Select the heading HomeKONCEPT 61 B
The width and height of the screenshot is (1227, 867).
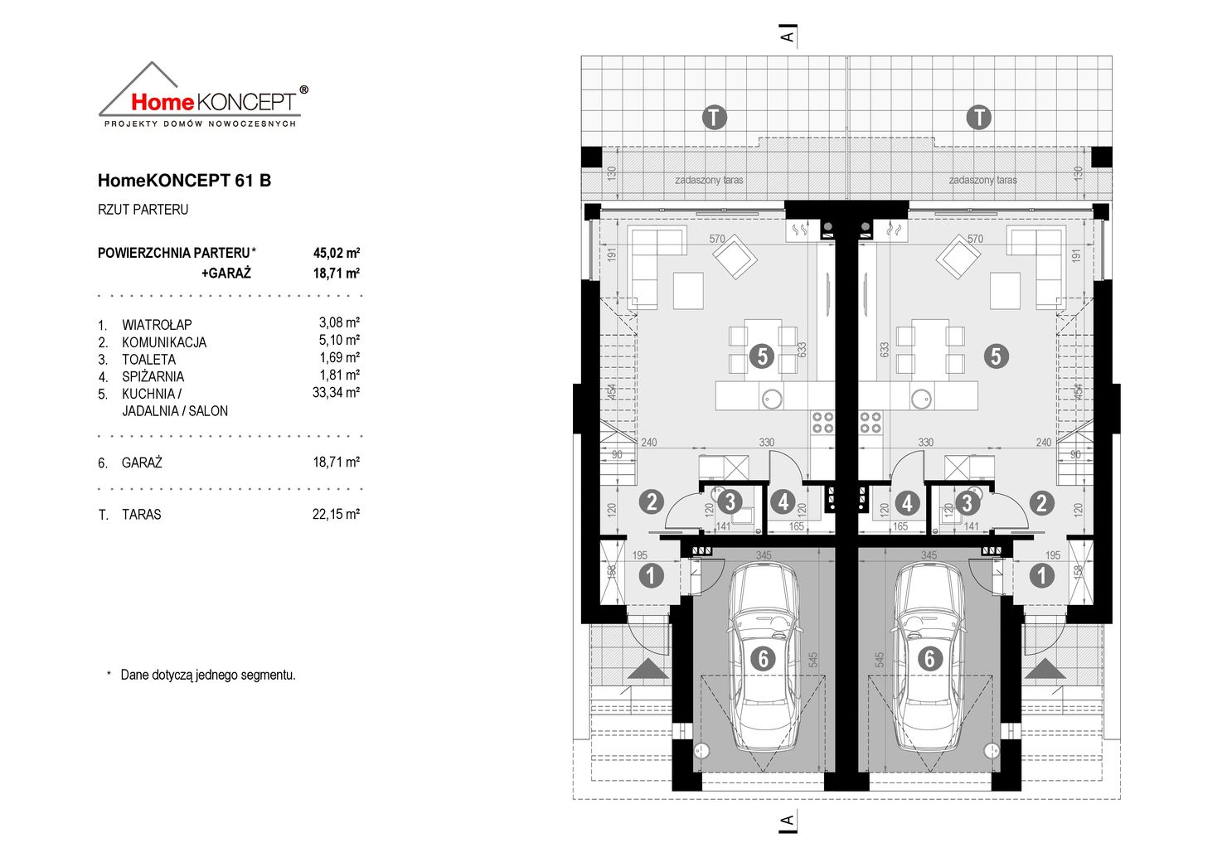pos(184,180)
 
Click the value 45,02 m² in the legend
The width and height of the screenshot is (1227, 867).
pos(336,253)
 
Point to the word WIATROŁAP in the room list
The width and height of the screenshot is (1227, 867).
pos(156,325)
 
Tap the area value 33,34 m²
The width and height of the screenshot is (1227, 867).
pos(336,392)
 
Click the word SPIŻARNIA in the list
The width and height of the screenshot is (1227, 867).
pos(153,376)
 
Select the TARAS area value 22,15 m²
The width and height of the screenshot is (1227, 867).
pos(336,514)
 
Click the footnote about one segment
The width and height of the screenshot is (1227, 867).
pos(207,675)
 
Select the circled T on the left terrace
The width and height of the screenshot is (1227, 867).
pos(714,117)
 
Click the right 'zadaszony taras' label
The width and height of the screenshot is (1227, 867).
pos(982,180)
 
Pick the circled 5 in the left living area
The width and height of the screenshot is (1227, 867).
pos(761,356)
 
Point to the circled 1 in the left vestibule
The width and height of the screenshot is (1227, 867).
pos(651,575)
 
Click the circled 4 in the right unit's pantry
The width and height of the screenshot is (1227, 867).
pos(907,502)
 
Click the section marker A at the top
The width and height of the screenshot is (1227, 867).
pos(787,35)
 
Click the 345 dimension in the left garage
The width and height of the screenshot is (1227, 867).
pos(763,555)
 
